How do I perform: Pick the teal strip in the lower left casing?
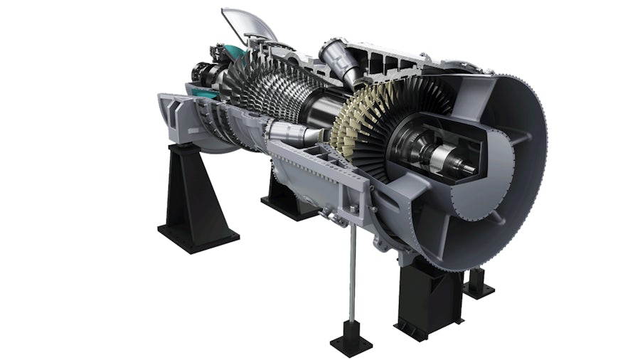coord(199,92)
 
